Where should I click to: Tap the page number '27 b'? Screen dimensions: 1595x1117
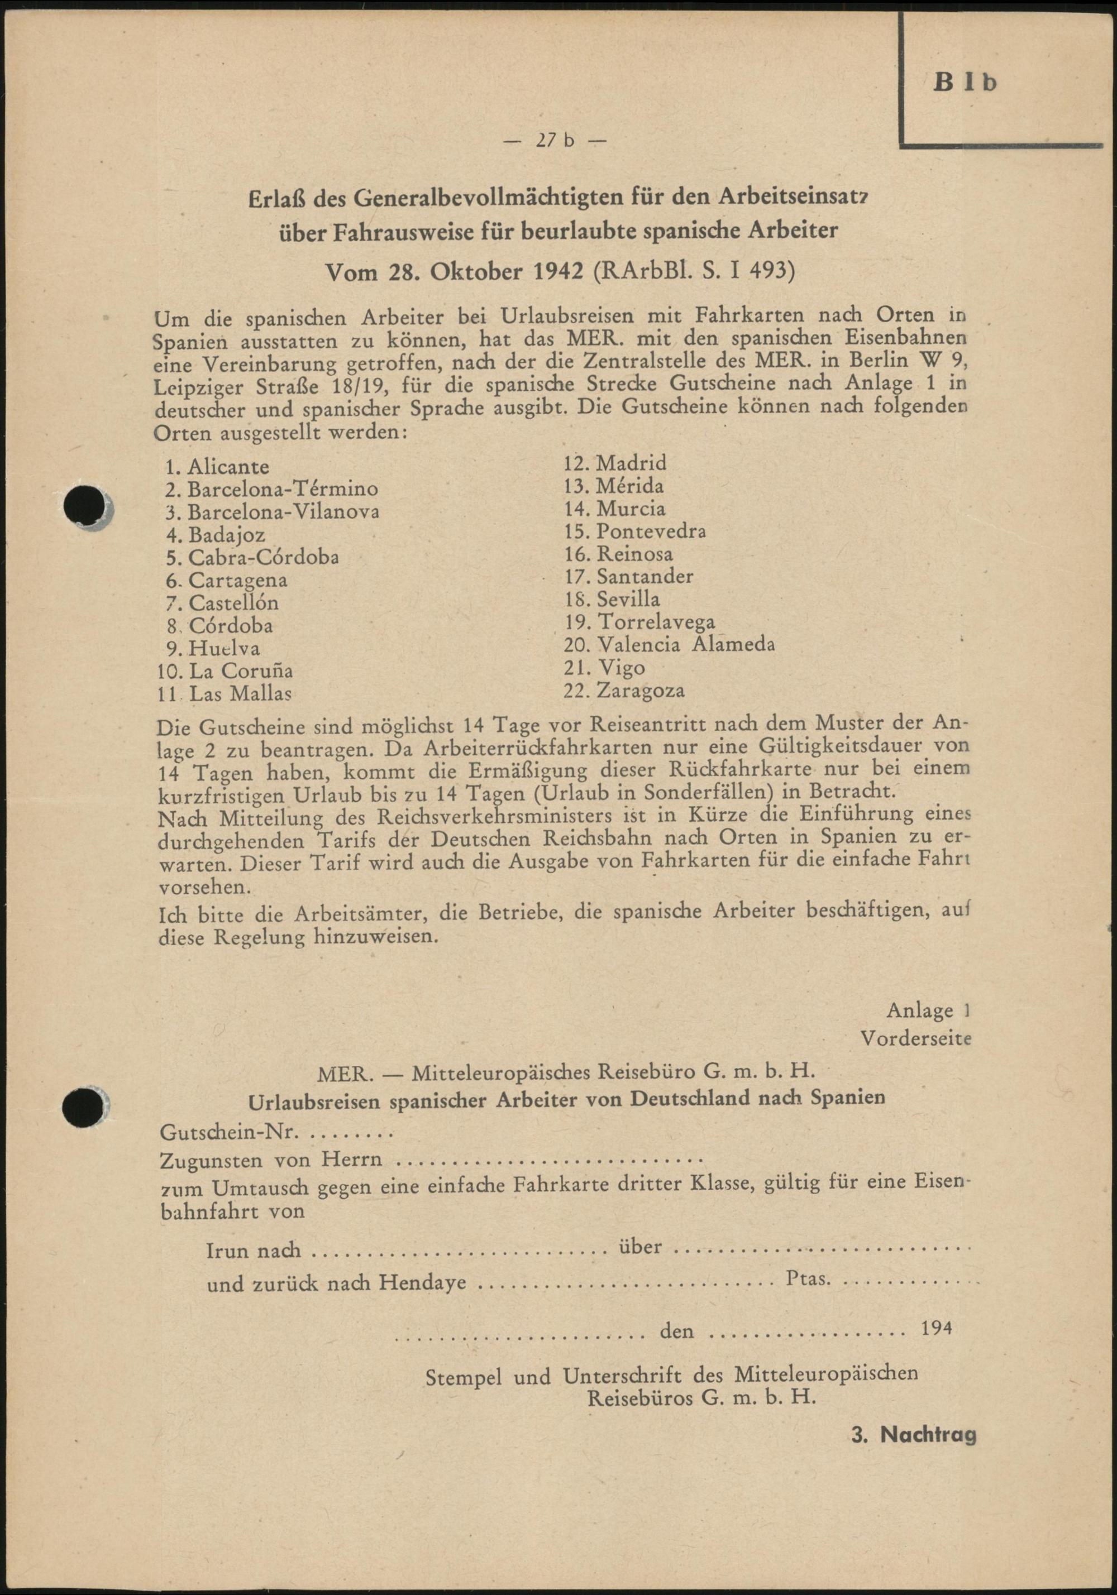[554, 141]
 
